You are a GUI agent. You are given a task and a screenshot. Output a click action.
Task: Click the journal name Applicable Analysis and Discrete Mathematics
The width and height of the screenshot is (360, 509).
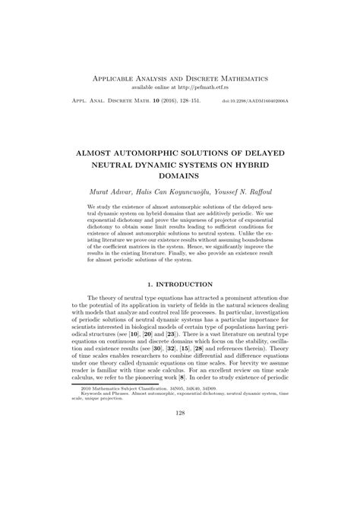[x=180, y=79]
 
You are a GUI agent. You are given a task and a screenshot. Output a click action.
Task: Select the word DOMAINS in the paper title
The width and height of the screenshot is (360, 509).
[x=180, y=175]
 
